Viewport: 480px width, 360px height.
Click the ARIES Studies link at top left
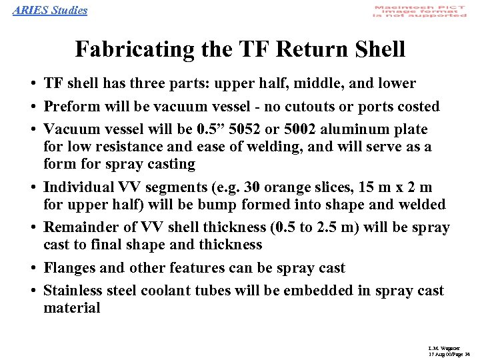click(x=50, y=10)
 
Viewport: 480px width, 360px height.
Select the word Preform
click(x=69, y=107)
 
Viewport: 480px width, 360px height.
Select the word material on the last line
click(x=71, y=308)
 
